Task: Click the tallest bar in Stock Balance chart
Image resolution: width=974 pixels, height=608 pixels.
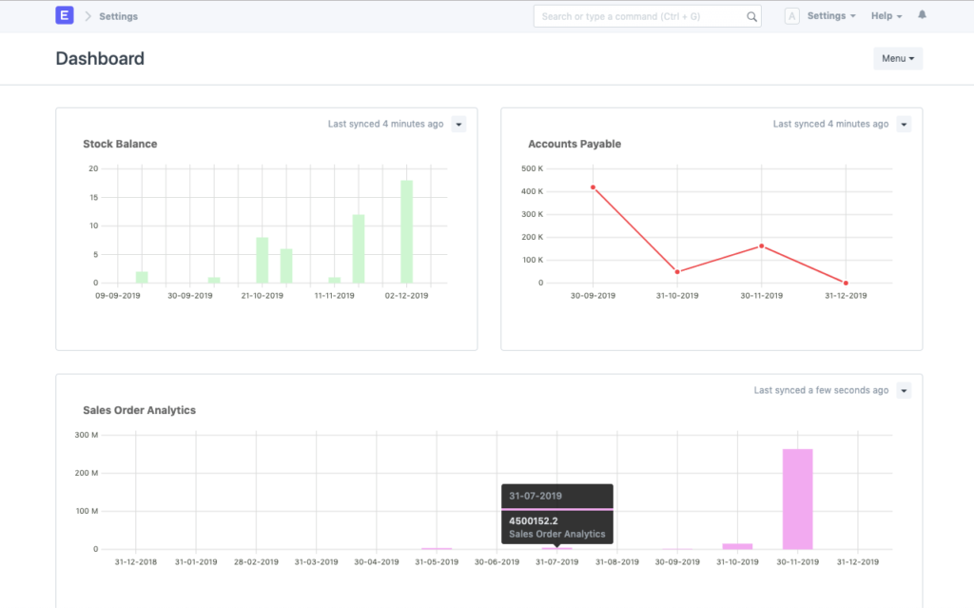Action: click(406, 231)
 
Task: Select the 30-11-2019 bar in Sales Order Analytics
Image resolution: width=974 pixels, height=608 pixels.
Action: click(797, 499)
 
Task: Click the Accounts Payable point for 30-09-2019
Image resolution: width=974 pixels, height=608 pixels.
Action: click(593, 187)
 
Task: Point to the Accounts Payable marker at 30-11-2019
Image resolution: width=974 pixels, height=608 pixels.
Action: click(761, 246)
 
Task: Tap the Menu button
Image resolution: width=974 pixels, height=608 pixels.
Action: click(897, 59)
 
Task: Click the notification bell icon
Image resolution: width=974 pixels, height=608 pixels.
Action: click(922, 16)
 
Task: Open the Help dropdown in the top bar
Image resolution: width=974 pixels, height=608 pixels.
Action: click(886, 16)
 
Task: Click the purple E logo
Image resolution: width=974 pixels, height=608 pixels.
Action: click(65, 16)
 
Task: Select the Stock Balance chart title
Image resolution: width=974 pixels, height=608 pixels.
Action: click(120, 145)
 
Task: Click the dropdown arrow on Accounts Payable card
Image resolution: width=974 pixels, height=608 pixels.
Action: click(904, 125)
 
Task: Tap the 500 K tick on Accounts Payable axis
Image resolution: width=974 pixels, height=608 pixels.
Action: click(532, 168)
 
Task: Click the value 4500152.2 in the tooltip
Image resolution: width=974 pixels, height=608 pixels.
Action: click(535, 520)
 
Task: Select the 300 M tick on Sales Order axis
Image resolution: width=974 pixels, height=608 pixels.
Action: click(87, 435)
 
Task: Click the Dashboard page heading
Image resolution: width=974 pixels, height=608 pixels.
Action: click(100, 59)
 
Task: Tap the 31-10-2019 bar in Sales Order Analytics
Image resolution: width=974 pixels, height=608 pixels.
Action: click(737, 546)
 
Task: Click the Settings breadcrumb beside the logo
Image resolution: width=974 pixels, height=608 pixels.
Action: click(118, 16)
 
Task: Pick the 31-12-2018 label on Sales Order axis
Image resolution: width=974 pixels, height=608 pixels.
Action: click(136, 562)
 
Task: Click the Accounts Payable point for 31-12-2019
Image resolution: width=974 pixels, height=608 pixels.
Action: click(846, 283)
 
